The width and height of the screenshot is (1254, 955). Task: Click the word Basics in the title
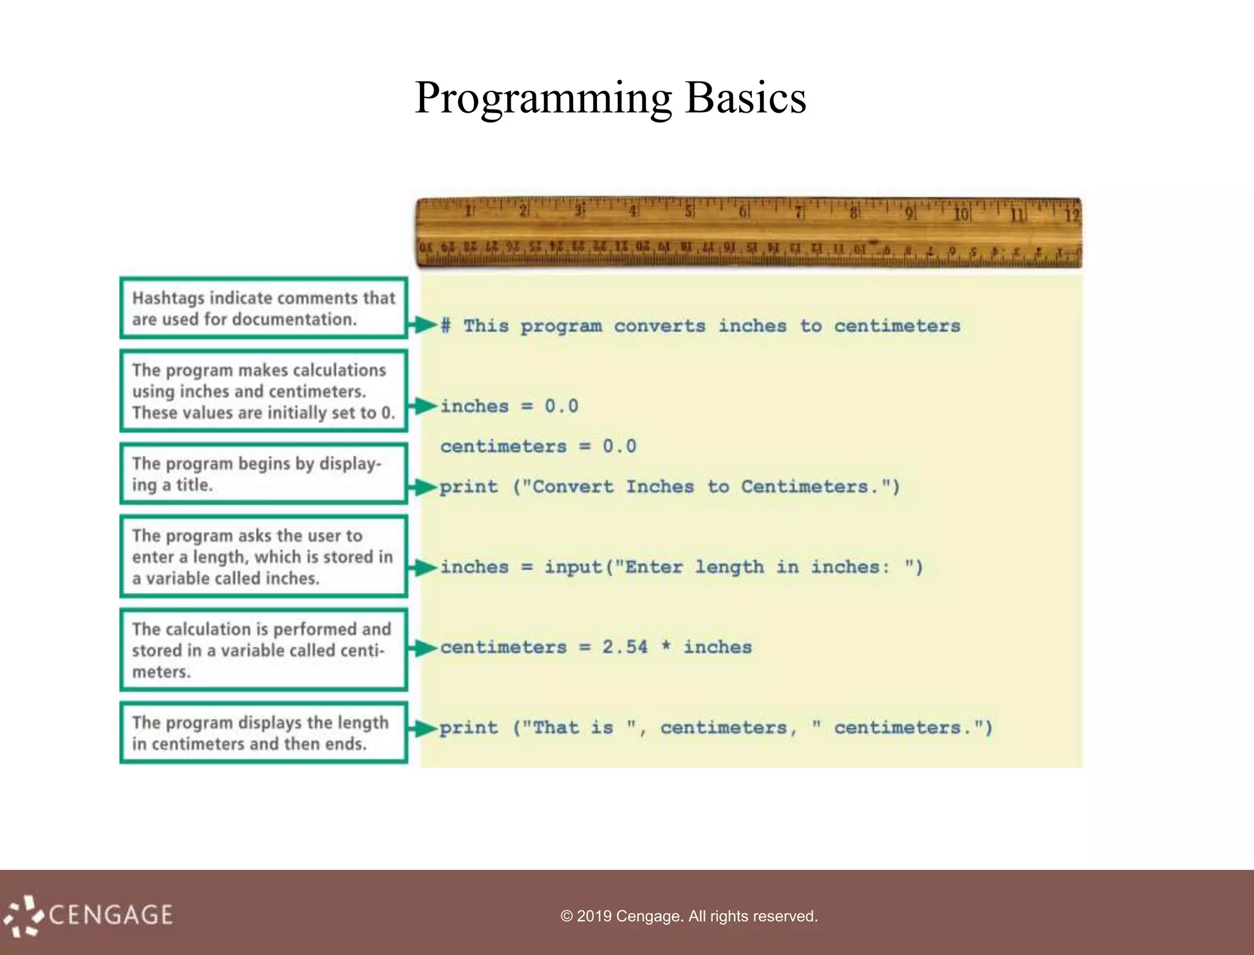[x=745, y=98]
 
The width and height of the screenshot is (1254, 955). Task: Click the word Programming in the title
[x=543, y=98]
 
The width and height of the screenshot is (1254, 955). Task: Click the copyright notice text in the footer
[x=689, y=916]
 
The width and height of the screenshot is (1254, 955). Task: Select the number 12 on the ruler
[x=1072, y=215]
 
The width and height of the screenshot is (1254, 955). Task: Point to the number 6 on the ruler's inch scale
[x=743, y=212]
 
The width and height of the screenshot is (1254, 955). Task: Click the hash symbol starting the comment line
[x=446, y=326]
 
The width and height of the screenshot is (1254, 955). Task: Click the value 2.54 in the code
[x=625, y=647]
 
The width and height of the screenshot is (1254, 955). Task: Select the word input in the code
[x=573, y=567]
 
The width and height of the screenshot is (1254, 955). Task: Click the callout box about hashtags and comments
[x=263, y=308]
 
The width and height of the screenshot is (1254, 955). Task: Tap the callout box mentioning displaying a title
[x=263, y=474]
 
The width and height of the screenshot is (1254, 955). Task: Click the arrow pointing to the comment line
[x=423, y=324]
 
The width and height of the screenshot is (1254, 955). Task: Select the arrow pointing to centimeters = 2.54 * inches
[x=423, y=648]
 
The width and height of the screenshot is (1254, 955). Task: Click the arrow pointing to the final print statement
[x=423, y=728]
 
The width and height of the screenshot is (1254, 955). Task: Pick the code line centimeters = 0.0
[x=538, y=446]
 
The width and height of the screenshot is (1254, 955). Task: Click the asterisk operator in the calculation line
[x=666, y=647]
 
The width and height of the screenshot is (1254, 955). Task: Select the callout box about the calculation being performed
[x=263, y=650]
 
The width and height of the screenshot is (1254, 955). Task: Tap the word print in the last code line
[x=468, y=728]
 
